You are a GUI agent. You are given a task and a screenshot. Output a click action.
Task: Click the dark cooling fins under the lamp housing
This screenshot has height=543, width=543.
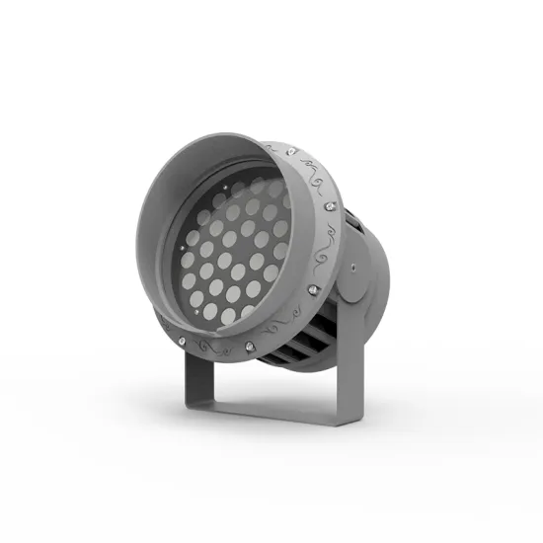tap(301, 341)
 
